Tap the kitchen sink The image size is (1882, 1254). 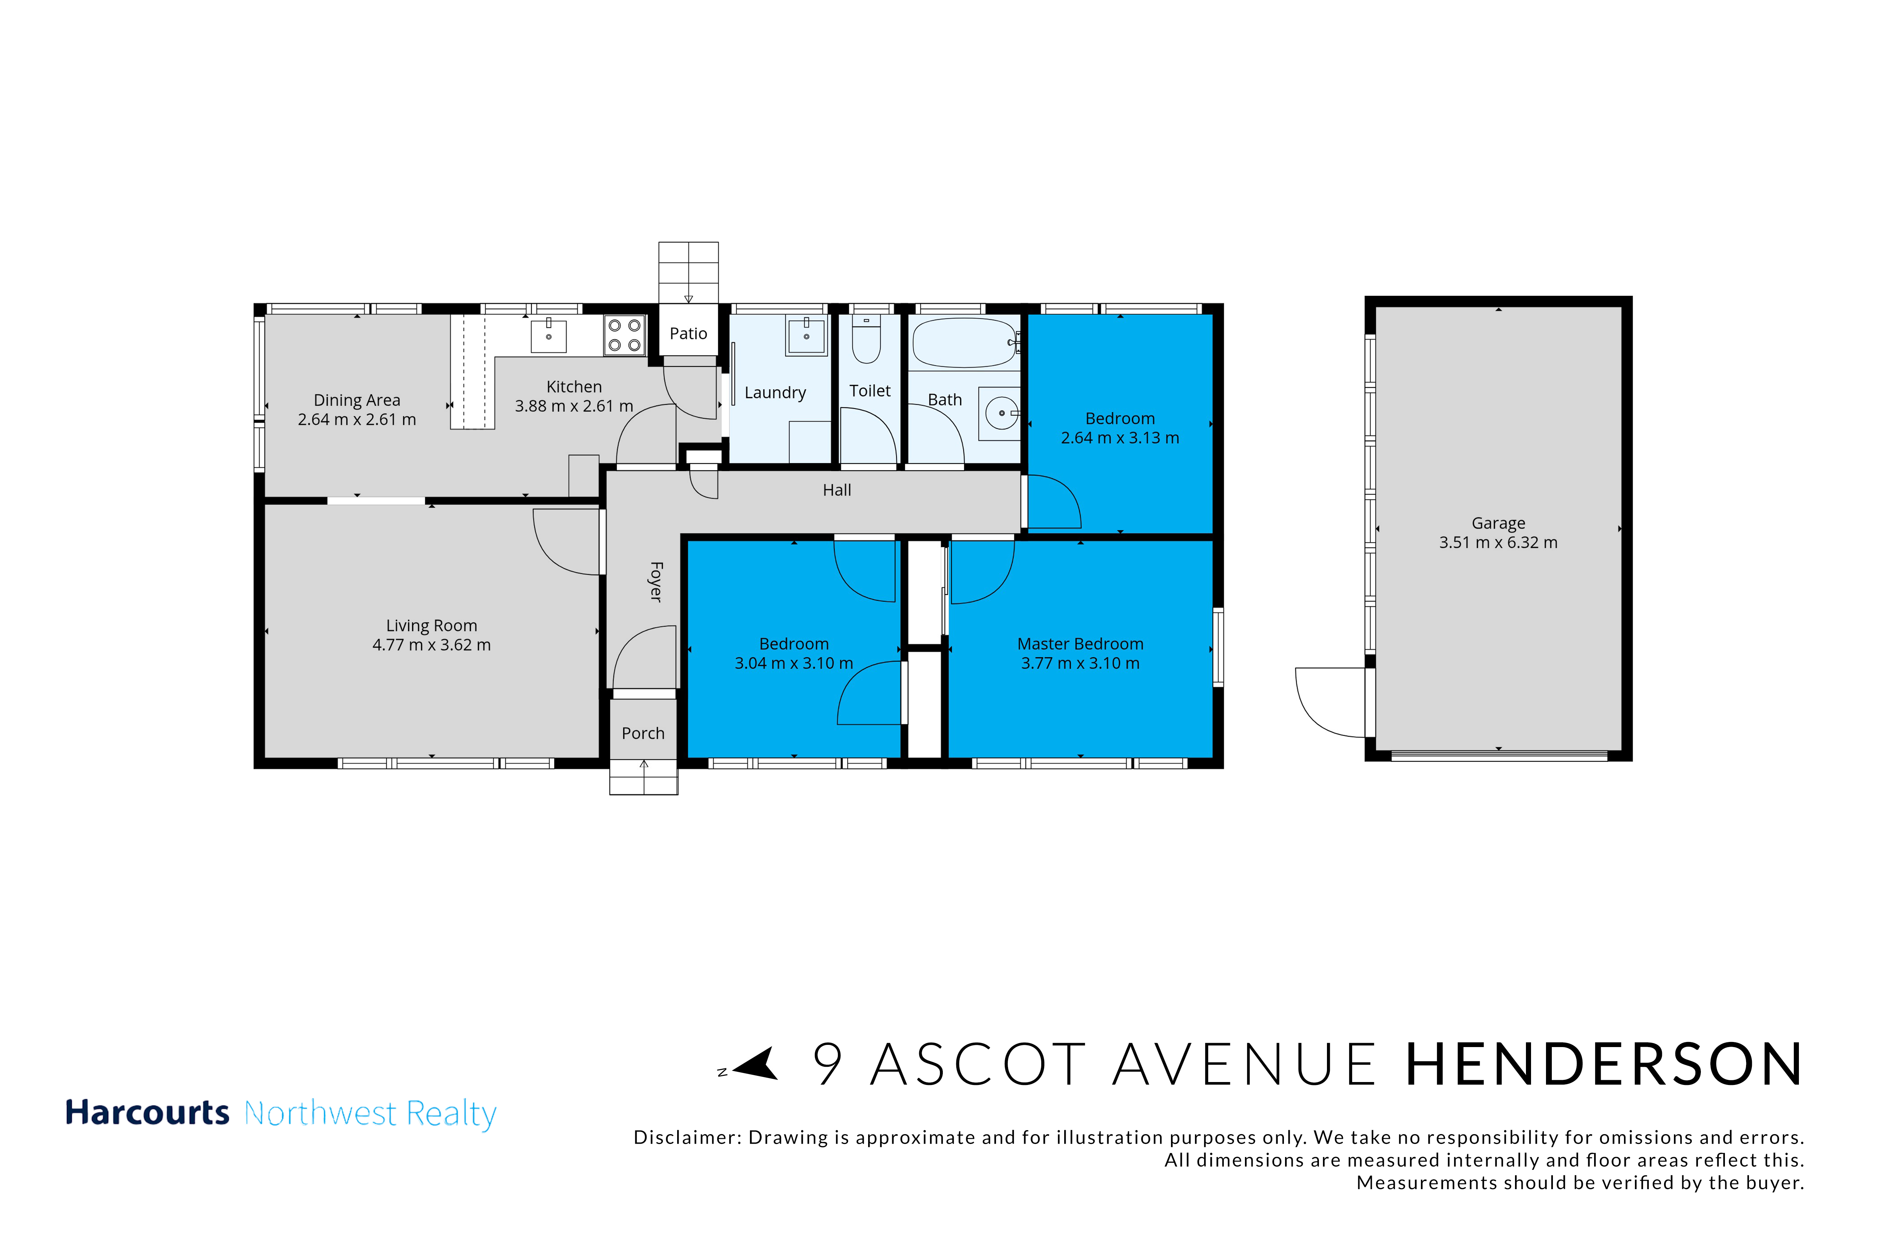[549, 336]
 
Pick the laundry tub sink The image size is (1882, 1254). [806, 336]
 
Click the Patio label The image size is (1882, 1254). [688, 333]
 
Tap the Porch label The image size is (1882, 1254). [643, 733]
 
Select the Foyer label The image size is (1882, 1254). [656, 581]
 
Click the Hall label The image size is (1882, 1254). [837, 490]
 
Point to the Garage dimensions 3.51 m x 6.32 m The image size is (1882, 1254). [1498, 542]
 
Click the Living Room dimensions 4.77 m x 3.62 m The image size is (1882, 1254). [431, 644]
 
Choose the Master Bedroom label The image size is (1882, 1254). [1080, 644]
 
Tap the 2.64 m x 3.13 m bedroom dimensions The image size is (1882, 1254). [1120, 438]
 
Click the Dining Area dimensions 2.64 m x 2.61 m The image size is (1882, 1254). [357, 419]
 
